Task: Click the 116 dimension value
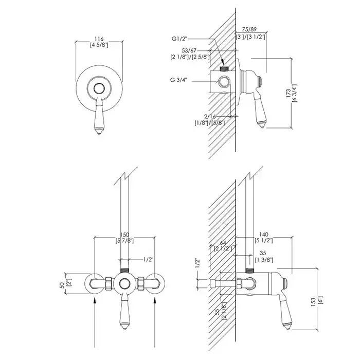(x=99, y=39)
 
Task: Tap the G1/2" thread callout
(x=179, y=39)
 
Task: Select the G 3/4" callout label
(x=178, y=80)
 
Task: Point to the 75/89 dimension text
(x=249, y=29)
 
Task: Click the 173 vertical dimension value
(x=289, y=93)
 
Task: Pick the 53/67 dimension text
(x=189, y=50)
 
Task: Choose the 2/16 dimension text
(x=210, y=117)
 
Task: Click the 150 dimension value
(x=124, y=235)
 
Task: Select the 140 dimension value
(x=263, y=235)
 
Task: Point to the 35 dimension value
(x=263, y=253)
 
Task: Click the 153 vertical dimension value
(x=314, y=303)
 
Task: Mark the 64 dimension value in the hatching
(x=223, y=243)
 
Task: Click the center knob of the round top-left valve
(x=99, y=88)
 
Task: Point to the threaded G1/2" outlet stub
(x=224, y=68)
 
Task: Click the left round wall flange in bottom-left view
(x=94, y=284)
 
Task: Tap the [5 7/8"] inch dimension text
(x=124, y=241)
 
